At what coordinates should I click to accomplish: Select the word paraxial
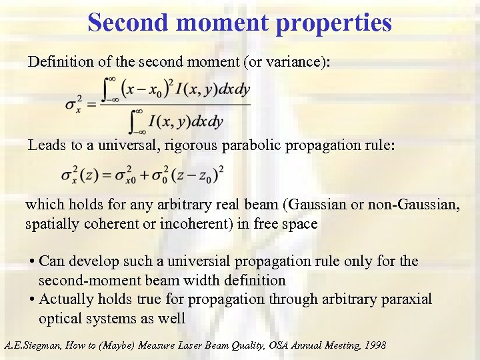pyautogui.click(x=408, y=299)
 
